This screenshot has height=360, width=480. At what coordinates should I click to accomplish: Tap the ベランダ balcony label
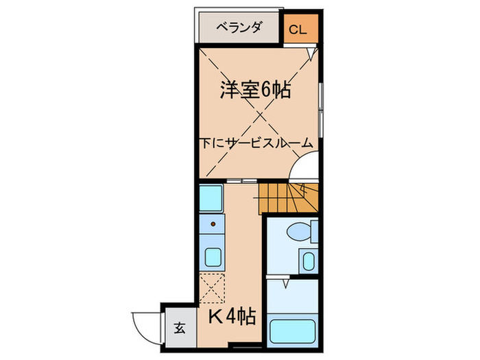[x=239, y=28]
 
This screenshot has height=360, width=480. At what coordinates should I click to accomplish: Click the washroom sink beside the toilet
[x=307, y=261]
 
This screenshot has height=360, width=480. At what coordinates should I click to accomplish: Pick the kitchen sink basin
[x=213, y=257]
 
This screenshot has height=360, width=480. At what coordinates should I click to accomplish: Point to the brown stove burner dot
[x=213, y=224]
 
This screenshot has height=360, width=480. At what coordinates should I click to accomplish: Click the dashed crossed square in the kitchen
[x=213, y=287]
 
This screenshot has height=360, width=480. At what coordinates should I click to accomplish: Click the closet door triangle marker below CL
[x=312, y=51]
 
